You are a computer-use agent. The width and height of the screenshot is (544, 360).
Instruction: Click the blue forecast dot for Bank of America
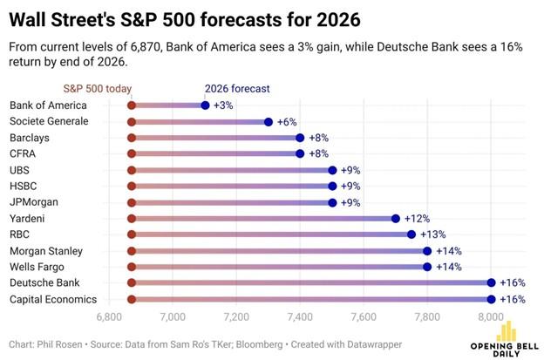[205, 105]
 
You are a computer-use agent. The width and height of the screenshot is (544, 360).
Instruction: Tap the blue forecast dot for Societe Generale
[269, 122]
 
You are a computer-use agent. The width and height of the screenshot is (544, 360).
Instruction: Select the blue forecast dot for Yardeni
[396, 219]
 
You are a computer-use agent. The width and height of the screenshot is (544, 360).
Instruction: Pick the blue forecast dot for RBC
[411, 234]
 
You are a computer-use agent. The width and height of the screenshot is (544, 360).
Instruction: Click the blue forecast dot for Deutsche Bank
[492, 283]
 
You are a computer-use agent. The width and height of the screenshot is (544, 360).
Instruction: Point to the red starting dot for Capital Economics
[132, 299]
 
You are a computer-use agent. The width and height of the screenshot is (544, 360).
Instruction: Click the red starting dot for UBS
[132, 170]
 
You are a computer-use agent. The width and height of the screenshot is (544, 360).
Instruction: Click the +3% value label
[224, 105]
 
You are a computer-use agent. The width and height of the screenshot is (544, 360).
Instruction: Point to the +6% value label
[288, 122]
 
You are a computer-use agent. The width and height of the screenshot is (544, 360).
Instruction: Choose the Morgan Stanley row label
[47, 251]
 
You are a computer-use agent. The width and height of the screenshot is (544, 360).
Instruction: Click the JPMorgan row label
[35, 202]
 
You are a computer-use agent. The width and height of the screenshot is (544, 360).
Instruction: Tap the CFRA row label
[24, 154]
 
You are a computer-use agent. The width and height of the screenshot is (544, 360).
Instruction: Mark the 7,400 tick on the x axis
[301, 317]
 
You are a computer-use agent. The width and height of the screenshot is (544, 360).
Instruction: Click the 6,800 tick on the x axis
[110, 317]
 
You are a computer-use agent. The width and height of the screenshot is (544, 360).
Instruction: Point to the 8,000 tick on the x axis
[492, 317]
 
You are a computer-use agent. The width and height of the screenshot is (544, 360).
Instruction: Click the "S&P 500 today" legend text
[99, 88]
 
